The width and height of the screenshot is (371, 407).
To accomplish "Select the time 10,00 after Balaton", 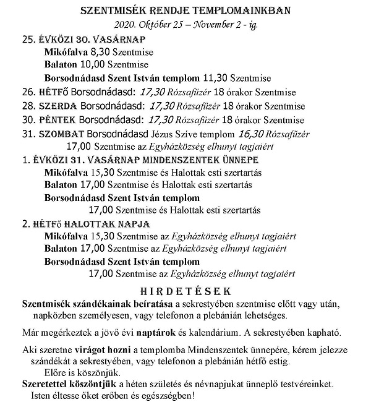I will pyautogui.click(x=93, y=64).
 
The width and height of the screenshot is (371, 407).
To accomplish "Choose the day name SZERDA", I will pyautogui.click(x=60, y=106).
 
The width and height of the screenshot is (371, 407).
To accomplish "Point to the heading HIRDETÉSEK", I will pyautogui.click(x=185, y=289).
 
